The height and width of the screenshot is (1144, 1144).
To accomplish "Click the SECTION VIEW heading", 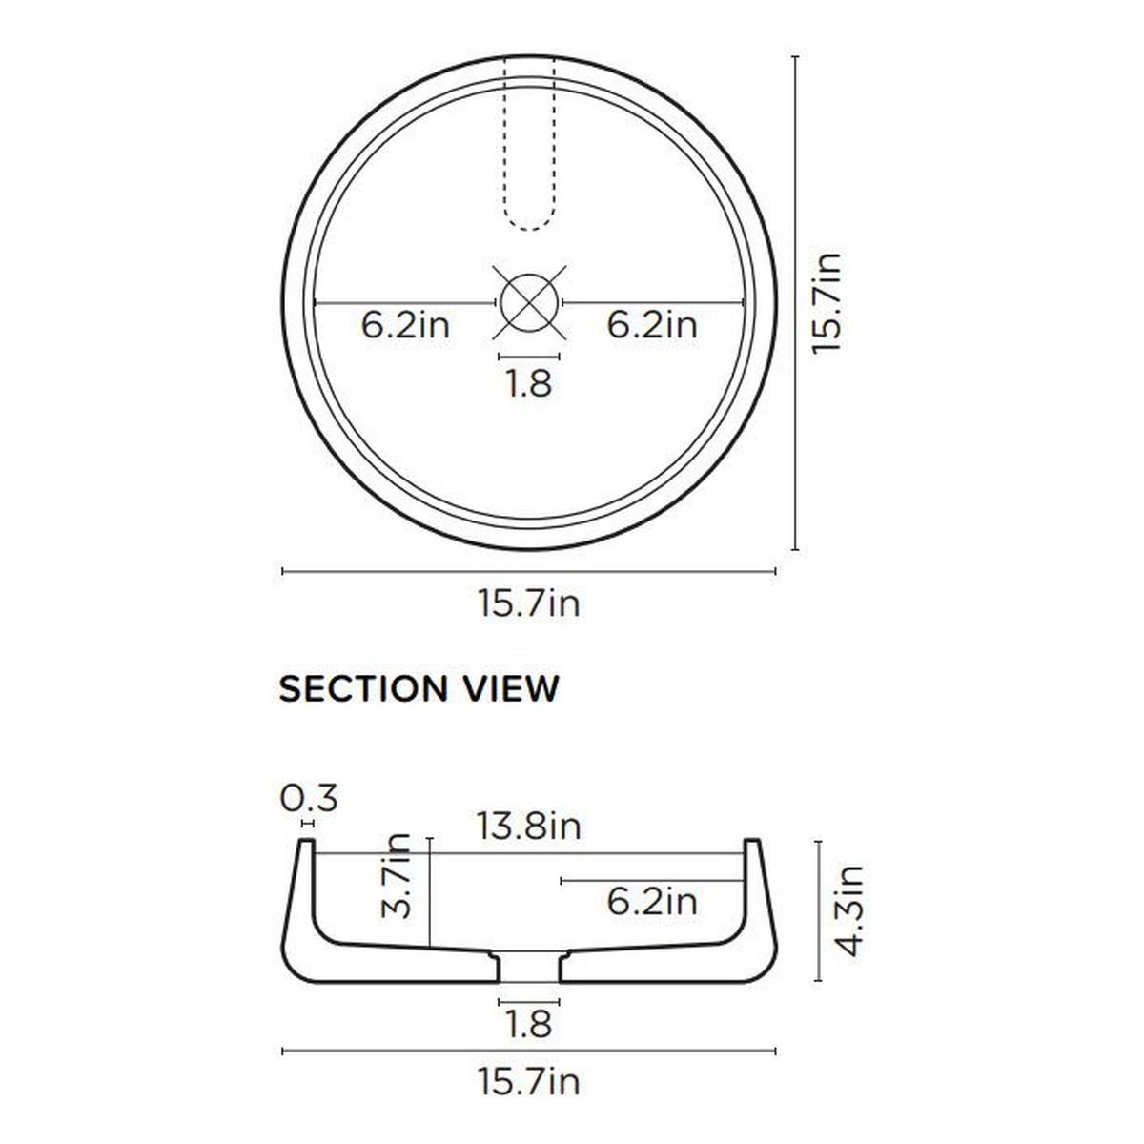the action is [419, 688].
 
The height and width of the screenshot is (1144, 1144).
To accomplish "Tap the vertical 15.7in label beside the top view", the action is [826, 303].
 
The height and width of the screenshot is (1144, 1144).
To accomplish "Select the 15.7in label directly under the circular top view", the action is [528, 603].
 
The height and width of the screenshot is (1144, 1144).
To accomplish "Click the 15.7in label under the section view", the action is [528, 1081].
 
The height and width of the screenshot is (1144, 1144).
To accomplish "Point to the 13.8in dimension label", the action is [528, 826].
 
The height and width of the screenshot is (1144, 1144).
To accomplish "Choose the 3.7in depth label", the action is [396, 876].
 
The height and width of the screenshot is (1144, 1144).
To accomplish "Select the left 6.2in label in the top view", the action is [405, 325].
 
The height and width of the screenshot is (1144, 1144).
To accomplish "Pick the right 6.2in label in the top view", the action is [652, 325].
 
